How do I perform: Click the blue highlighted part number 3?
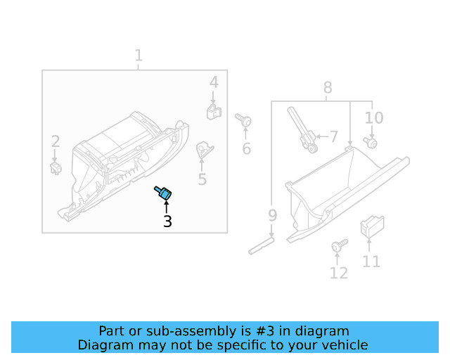pyautogui.click(x=166, y=193)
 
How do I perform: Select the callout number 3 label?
pyautogui.click(x=167, y=221)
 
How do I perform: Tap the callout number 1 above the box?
pyautogui.click(x=139, y=55)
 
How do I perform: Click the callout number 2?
pyautogui.click(x=55, y=141)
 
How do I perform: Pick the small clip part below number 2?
pyautogui.click(x=55, y=167)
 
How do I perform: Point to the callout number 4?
pyautogui.click(x=214, y=83)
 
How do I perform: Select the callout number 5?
pyautogui.click(x=202, y=179)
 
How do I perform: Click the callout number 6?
pyautogui.click(x=247, y=148)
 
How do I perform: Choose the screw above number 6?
pyautogui.click(x=245, y=121)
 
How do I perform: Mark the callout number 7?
pyautogui.click(x=333, y=136)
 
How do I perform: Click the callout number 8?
pyautogui.click(x=328, y=88)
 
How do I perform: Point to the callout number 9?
pyautogui.click(x=272, y=215)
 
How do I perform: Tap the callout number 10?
pyautogui.click(x=374, y=117)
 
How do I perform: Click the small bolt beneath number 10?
pyautogui.click(x=371, y=143)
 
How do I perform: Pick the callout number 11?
pyautogui.click(x=371, y=262)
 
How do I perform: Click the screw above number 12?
pyautogui.click(x=339, y=246)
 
